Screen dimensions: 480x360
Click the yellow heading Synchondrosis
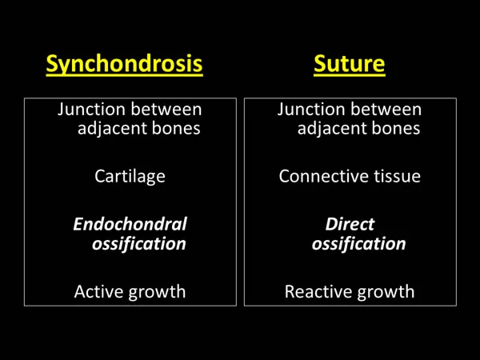124,64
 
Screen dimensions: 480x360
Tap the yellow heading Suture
350,64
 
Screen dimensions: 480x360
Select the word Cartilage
130,177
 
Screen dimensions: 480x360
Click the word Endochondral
130,224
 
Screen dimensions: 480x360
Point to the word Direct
350,224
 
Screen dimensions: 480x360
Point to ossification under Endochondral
139,244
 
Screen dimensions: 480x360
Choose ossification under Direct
358,244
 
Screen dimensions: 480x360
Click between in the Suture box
386,110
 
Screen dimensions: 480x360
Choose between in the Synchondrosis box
166,110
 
